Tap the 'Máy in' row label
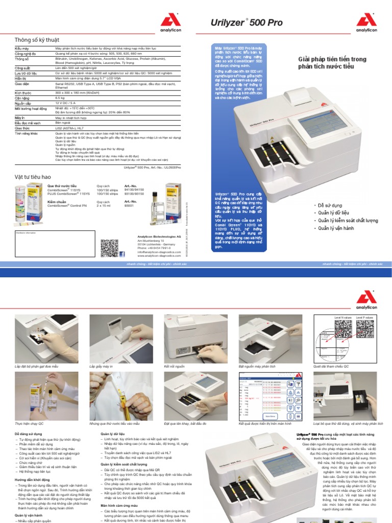click(x=20, y=117)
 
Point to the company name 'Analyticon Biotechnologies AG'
click(x=159, y=236)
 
